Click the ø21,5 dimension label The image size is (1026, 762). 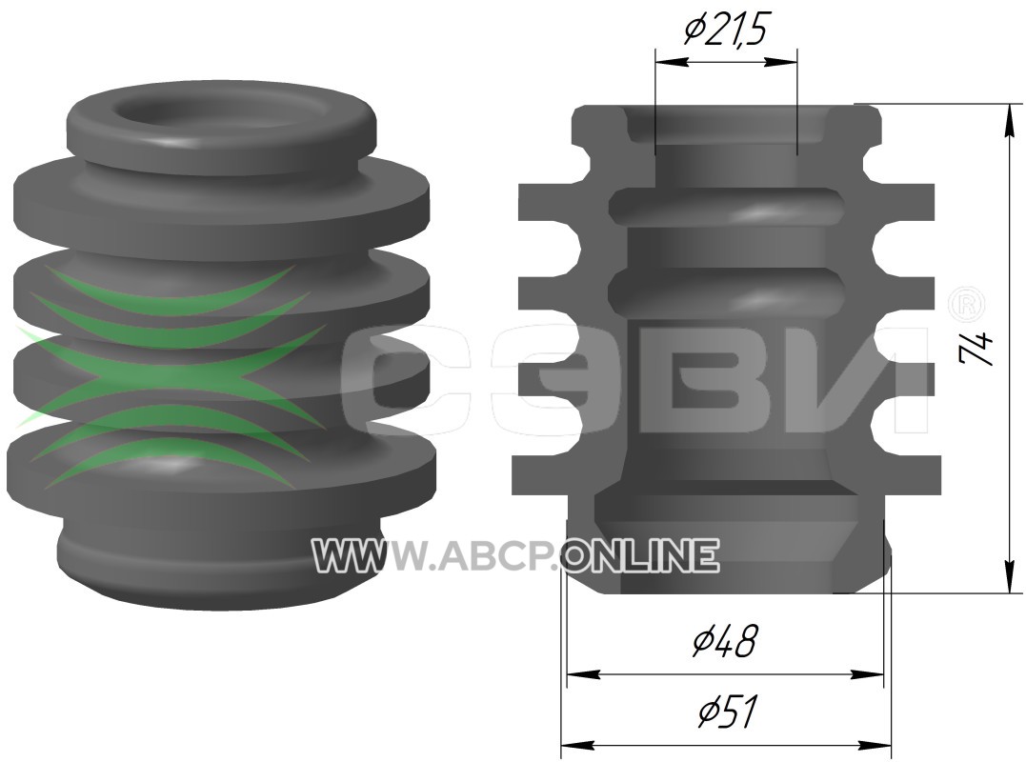click(724, 30)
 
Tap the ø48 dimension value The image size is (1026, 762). click(725, 641)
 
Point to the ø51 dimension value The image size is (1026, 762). click(726, 711)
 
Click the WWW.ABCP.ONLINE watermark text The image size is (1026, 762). click(515, 555)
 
